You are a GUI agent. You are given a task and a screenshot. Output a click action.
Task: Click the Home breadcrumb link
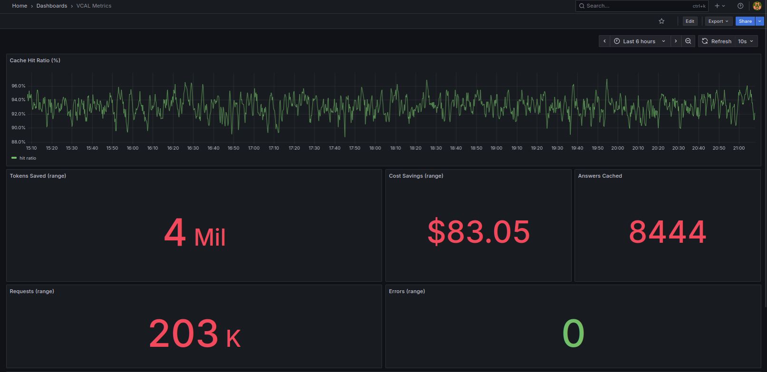19,6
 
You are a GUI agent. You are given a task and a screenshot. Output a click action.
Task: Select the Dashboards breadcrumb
52,6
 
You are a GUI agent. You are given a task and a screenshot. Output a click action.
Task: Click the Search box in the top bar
637,6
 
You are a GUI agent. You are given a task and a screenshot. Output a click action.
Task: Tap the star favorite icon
662,21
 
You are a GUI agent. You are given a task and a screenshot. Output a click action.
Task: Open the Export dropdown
718,21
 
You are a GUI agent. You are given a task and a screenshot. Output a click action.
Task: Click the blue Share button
745,21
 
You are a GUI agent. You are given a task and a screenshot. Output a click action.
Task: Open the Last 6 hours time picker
639,41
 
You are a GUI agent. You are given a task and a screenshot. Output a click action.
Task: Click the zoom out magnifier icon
688,41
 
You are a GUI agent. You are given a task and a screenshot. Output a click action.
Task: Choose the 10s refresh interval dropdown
746,41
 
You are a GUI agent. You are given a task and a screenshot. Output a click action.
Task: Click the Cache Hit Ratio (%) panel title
35,60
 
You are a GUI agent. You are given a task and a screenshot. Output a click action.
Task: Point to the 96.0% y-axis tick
19,86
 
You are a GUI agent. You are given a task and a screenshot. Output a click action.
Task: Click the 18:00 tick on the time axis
375,148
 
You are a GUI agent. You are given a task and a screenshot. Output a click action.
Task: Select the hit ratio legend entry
28,158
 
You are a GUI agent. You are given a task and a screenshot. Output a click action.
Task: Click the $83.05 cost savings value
479,232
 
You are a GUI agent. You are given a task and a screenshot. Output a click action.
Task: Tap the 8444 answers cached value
667,232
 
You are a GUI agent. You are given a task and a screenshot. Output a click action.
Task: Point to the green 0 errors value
573,334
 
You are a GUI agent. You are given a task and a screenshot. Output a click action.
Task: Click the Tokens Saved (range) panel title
38,176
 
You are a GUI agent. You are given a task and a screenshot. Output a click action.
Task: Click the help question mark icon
740,6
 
